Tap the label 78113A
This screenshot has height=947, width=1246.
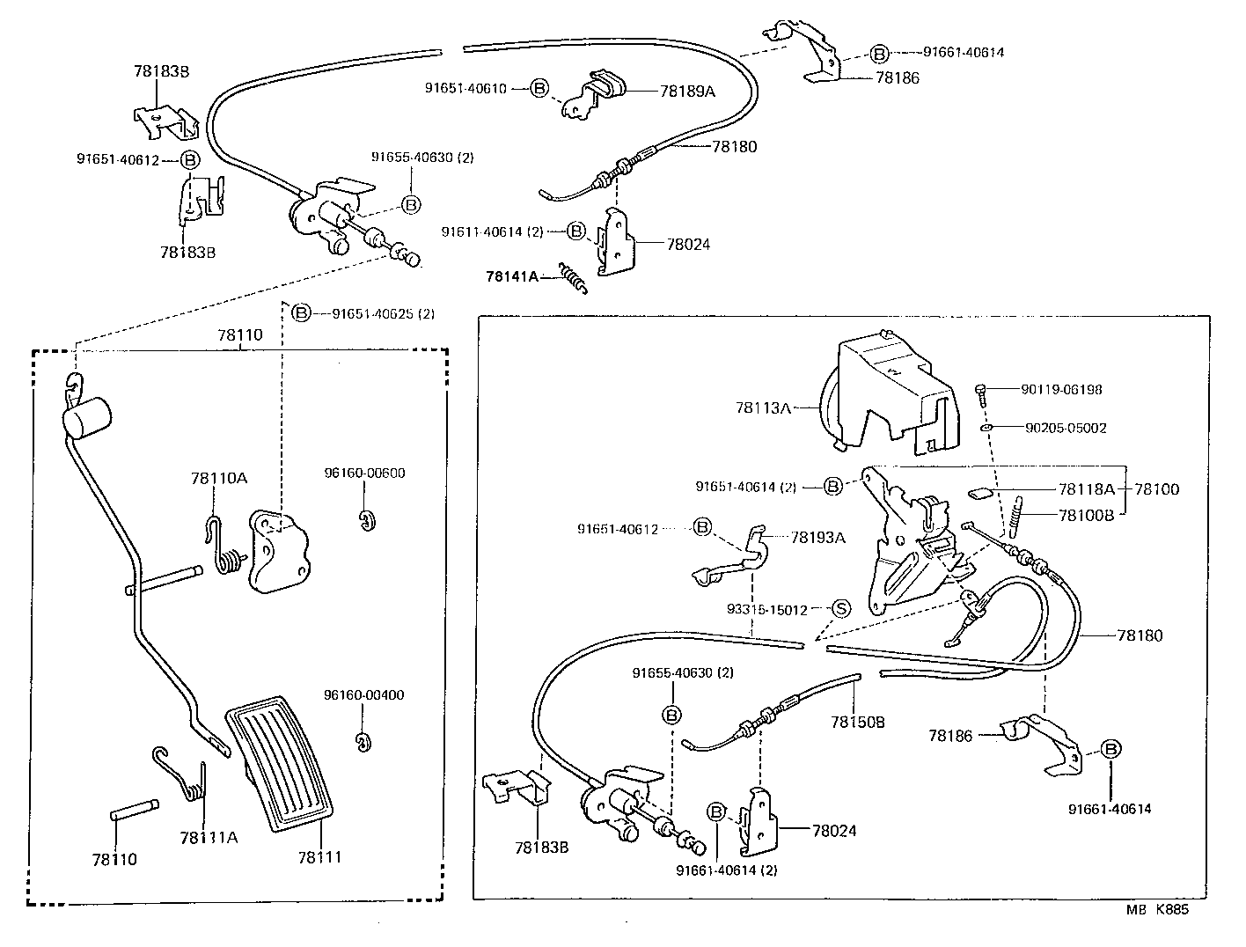[x=763, y=407]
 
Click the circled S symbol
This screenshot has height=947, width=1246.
[x=840, y=608]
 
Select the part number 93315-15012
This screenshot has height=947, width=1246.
[x=766, y=609]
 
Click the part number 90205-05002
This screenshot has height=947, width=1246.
[x=1066, y=428]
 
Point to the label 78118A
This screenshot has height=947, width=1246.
[x=1086, y=488]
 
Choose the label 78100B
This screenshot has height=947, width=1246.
[x=1086, y=515]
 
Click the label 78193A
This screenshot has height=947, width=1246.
[x=817, y=537]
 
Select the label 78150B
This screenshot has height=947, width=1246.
[x=857, y=722]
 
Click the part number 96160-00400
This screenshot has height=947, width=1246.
[x=363, y=694]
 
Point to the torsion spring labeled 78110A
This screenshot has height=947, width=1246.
[x=224, y=550]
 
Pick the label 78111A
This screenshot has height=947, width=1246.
[x=209, y=836]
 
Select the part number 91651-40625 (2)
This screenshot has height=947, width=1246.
[x=383, y=313]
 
